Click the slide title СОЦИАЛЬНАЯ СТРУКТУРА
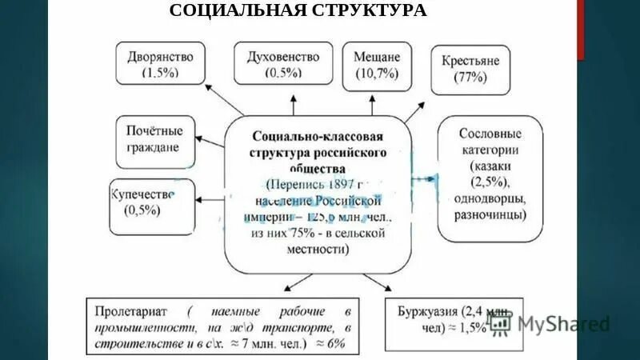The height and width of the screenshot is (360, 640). pos(298,10)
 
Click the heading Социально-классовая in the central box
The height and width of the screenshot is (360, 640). pos(318,136)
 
